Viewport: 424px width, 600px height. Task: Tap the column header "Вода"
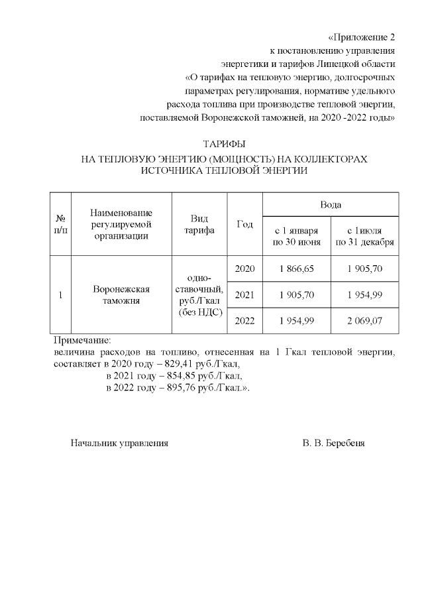pos(331,205)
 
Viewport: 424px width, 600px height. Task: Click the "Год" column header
pos(244,224)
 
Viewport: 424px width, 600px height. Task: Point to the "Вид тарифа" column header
pos(199,224)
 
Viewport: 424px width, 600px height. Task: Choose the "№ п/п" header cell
pos(60,224)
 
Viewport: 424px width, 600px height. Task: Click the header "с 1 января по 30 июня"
pos(296,235)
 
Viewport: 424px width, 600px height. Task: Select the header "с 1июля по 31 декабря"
pos(364,235)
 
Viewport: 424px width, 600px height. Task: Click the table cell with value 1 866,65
pos(296,268)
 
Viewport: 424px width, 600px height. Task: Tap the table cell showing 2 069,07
pos(364,320)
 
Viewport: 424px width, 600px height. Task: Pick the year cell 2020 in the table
pos(244,268)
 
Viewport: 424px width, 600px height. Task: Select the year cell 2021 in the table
pos(244,294)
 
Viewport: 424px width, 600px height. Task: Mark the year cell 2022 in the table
pos(244,320)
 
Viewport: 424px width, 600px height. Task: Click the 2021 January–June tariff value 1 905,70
pos(296,294)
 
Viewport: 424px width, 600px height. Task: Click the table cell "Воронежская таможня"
pos(121,294)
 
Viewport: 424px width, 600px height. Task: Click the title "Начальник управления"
pos(119,443)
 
